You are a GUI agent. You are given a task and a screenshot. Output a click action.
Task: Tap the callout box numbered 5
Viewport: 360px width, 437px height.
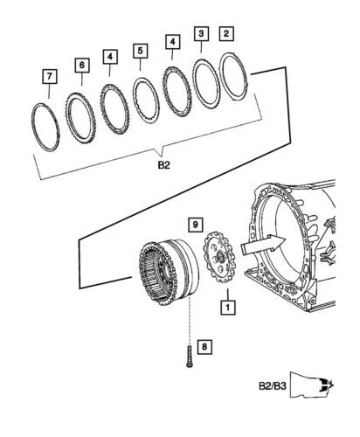point(140,52)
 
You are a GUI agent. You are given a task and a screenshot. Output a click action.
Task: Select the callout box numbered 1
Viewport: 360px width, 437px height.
point(226,308)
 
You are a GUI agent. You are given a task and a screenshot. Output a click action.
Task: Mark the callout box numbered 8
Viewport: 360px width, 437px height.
point(204,348)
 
